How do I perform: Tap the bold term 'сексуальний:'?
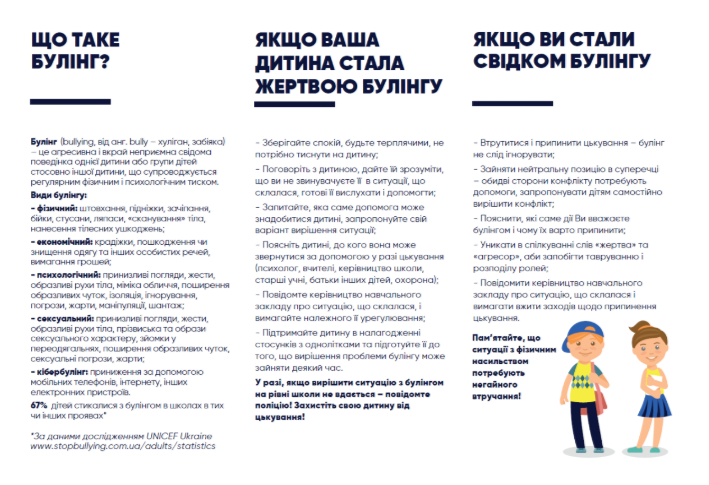click(x=63, y=316)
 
